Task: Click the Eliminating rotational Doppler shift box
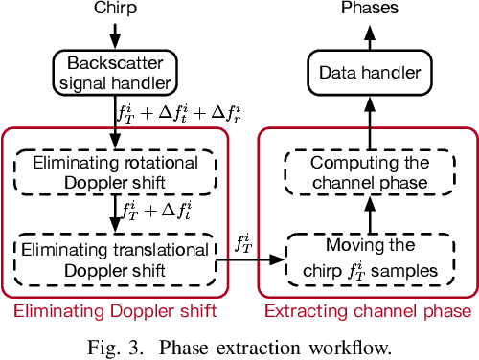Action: coord(115,170)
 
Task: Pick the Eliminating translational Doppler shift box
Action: coord(115,259)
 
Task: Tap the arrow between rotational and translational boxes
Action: coord(116,214)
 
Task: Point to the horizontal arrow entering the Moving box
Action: coord(259,259)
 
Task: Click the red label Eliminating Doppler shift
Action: coord(115,311)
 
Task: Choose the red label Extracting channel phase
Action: coord(367,311)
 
